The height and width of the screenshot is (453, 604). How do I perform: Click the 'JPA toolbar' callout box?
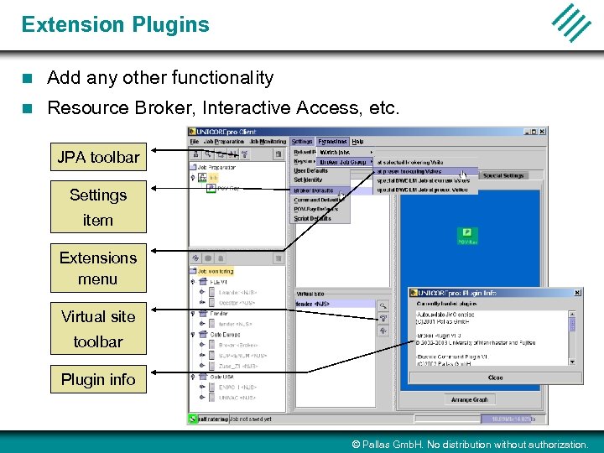click(x=98, y=157)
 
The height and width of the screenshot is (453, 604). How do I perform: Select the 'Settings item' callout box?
click(x=98, y=206)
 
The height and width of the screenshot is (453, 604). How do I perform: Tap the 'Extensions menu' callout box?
click(x=98, y=268)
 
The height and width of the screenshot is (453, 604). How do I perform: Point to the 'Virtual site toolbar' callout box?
click(x=98, y=328)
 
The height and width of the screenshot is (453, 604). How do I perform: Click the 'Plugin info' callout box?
click(x=98, y=379)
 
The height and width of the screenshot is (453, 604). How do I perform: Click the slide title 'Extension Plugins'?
click(x=116, y=24)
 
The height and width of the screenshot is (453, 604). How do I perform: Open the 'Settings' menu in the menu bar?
click(x=302, y=142)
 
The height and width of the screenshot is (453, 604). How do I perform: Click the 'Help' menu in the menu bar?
click(x=357, y=142)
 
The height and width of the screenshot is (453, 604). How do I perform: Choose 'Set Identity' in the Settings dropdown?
click(x=308, y=180)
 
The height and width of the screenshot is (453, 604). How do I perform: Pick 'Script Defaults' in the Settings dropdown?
click(x=312, y=218)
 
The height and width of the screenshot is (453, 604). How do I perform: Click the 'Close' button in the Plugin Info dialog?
click(x=495, y=377)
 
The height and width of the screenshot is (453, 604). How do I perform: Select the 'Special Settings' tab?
click(x=503, y=175)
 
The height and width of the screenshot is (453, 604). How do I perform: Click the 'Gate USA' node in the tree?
click(x=221, y=377)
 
